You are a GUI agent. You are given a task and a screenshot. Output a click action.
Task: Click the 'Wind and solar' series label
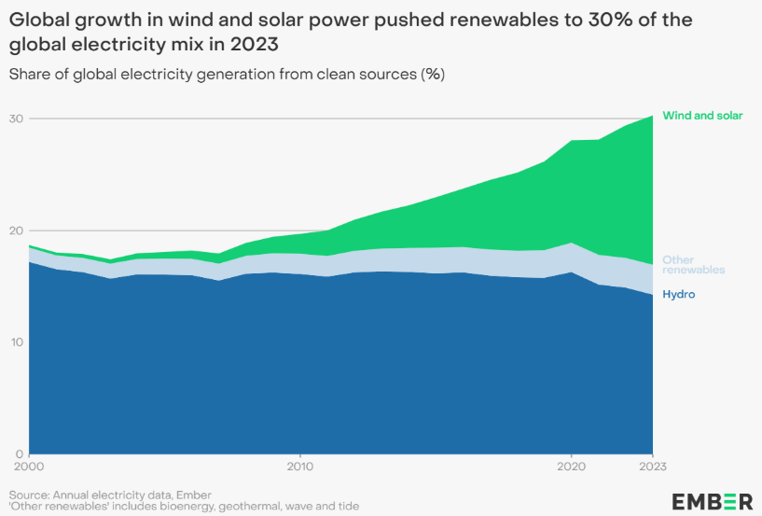pos(702,116)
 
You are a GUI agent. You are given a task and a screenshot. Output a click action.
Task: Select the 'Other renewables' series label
pos(693,264)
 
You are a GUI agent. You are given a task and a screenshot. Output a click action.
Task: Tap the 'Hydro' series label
pos(678,295)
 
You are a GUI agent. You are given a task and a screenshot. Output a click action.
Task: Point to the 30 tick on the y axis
pos(16,119)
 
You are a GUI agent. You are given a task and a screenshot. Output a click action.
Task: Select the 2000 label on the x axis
pos(29,463)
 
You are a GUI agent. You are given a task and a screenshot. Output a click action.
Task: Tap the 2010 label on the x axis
pos(299,463)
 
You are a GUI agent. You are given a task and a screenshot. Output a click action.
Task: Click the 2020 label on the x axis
pos(571,463)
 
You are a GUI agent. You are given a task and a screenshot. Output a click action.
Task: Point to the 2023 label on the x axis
pos(652,463)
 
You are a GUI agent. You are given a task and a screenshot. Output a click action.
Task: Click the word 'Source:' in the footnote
pos(31,494)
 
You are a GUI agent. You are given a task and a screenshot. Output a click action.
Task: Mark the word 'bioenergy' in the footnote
pos(182,506)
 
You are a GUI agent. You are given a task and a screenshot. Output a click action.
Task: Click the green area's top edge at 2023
pos(652,116)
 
